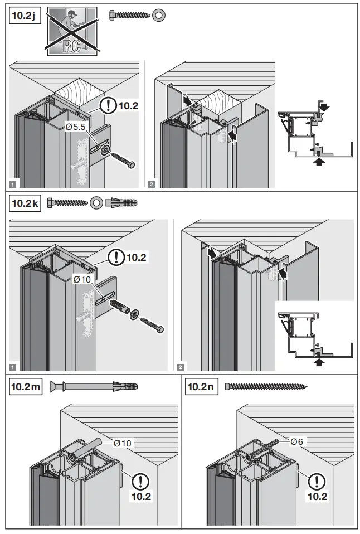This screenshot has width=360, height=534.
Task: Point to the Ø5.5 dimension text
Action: (76, 127)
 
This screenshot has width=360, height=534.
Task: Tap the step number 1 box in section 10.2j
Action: (12, 183)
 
